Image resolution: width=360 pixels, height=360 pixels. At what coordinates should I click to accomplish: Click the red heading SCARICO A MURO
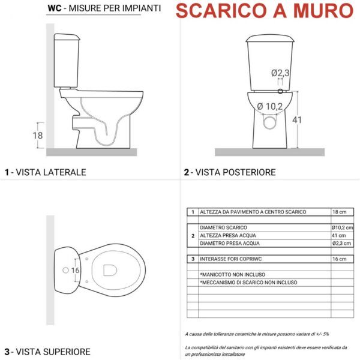265,11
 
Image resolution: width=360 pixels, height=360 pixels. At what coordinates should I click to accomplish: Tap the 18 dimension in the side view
38,136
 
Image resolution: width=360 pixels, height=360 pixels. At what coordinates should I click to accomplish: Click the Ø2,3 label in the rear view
280,73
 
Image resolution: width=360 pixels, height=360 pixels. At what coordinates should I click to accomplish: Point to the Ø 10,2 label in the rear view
270,107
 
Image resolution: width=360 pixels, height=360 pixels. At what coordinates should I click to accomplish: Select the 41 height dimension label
297,120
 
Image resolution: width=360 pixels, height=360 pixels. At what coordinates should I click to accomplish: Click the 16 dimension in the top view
75,271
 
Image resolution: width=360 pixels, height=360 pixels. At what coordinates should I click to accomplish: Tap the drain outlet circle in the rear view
270,123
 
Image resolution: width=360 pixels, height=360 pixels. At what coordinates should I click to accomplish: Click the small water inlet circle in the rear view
280,91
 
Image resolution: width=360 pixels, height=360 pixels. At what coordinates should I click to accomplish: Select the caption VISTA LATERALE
51,172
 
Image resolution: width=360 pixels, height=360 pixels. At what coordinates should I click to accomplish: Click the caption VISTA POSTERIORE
235,172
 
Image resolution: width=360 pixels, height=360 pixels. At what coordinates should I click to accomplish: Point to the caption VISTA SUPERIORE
53,352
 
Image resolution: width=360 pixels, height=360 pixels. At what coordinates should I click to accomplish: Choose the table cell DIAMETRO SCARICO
223,227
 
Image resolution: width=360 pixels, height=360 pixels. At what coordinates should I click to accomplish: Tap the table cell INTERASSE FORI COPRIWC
231,259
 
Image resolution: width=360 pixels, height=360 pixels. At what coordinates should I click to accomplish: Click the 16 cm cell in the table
340,259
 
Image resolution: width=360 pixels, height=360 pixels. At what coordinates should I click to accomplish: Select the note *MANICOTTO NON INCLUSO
233,275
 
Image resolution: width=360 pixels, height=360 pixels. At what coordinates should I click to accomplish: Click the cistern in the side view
67,61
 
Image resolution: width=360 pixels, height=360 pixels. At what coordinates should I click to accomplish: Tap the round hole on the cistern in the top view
65,270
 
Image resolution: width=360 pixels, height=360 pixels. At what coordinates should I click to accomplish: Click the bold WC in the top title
55,8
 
